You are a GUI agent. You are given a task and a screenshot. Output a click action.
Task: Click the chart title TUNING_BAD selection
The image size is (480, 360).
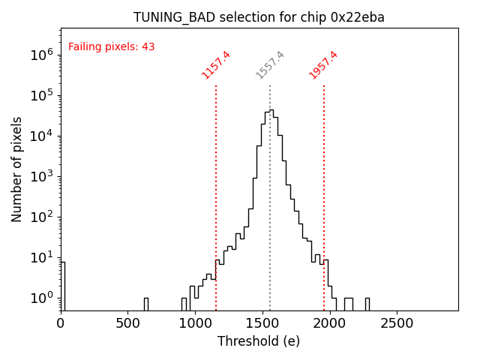click(259, 17)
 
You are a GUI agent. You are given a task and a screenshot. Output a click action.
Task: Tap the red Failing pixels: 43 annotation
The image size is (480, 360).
click(111, 46)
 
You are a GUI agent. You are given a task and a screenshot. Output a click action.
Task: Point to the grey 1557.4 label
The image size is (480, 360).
click(270, 64)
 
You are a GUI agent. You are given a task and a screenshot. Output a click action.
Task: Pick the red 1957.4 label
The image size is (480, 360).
click(323, 64)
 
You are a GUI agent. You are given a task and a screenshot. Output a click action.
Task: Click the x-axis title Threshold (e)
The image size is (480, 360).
click(259, 341)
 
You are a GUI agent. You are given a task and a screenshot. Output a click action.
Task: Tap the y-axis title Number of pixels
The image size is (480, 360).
click(16, 169)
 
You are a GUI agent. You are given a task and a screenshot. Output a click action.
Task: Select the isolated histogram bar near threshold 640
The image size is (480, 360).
click(146, 304)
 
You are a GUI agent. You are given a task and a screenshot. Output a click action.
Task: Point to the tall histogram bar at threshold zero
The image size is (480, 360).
click(63, 286)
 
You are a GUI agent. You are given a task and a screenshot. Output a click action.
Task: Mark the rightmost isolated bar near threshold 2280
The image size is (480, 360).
click(367, 304)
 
